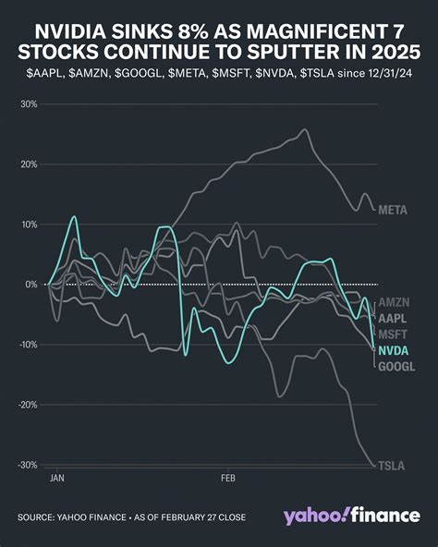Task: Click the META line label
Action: pyautogui.click(x=393, y=209)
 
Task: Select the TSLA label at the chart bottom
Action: pyautogui.click(x=391, y=465)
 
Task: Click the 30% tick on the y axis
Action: pyautogui.click(x=28, y=104)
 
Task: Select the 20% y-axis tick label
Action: pyautogui.click(x=28, y=164)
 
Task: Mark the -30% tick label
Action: pyautogui.click(x=26, y=465)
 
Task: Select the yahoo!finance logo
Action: pyautogui.click(x=350, y=514)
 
